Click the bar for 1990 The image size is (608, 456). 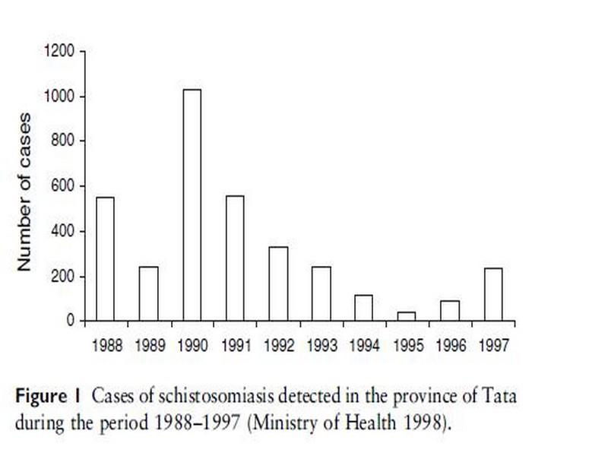pos(192,205)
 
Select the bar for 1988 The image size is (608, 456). pos(105,258)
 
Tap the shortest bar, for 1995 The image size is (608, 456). pos(407,316)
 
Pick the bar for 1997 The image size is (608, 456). pos(493,294)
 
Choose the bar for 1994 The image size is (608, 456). pos(364,308)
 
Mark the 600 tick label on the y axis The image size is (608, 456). pos(64,186)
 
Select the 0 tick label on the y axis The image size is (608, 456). pos(71,321)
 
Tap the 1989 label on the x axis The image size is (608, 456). pos(149,344)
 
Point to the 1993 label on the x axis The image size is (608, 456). pos(321,344)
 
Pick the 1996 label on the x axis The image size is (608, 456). pos(451,344)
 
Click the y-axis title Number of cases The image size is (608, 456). pos(25,192)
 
